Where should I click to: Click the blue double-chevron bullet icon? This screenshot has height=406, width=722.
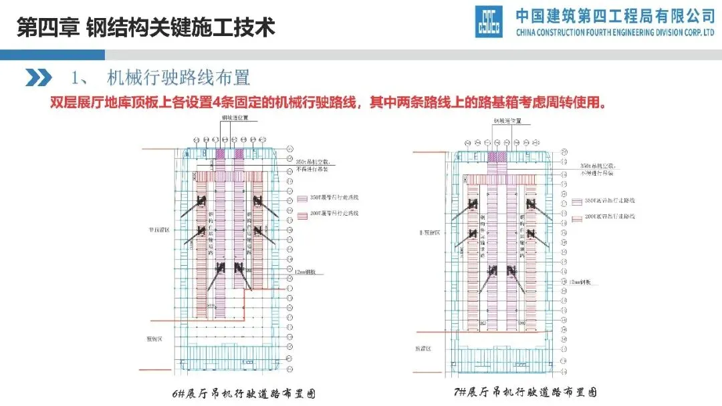(x=38, y=77)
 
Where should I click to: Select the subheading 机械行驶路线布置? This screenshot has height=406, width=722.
(x=178, y=77)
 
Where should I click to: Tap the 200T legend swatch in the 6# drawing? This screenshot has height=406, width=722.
(x=300, y=214)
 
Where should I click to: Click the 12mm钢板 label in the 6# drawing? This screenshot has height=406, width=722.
(x=305, y=272)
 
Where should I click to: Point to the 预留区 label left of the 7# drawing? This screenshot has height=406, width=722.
(x=424, y=348)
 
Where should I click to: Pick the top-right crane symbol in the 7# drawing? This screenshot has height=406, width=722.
(x=529, y=203)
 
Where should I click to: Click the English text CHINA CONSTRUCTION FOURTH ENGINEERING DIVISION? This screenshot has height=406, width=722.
(x=615, y=33)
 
